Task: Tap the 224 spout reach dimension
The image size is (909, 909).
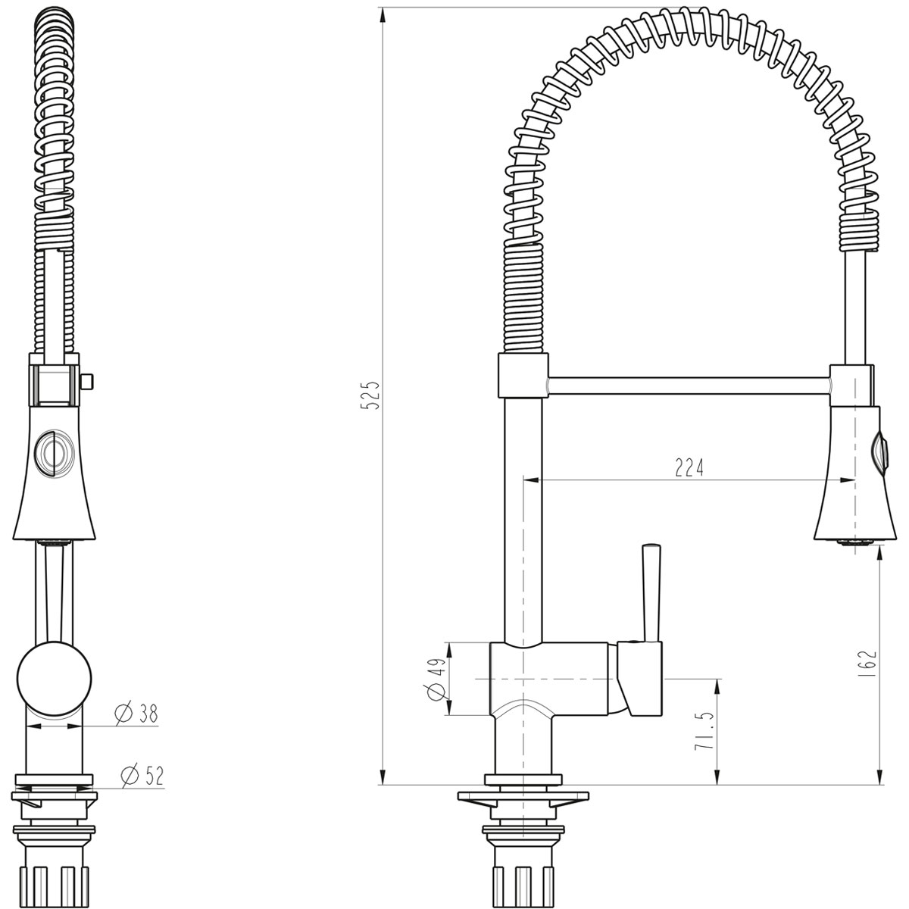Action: (x=689, y=467)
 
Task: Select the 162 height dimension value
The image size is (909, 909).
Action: (x=868, y=664)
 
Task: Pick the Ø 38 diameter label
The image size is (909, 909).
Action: (x=137, y=714)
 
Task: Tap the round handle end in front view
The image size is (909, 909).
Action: (x=55, y=679)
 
